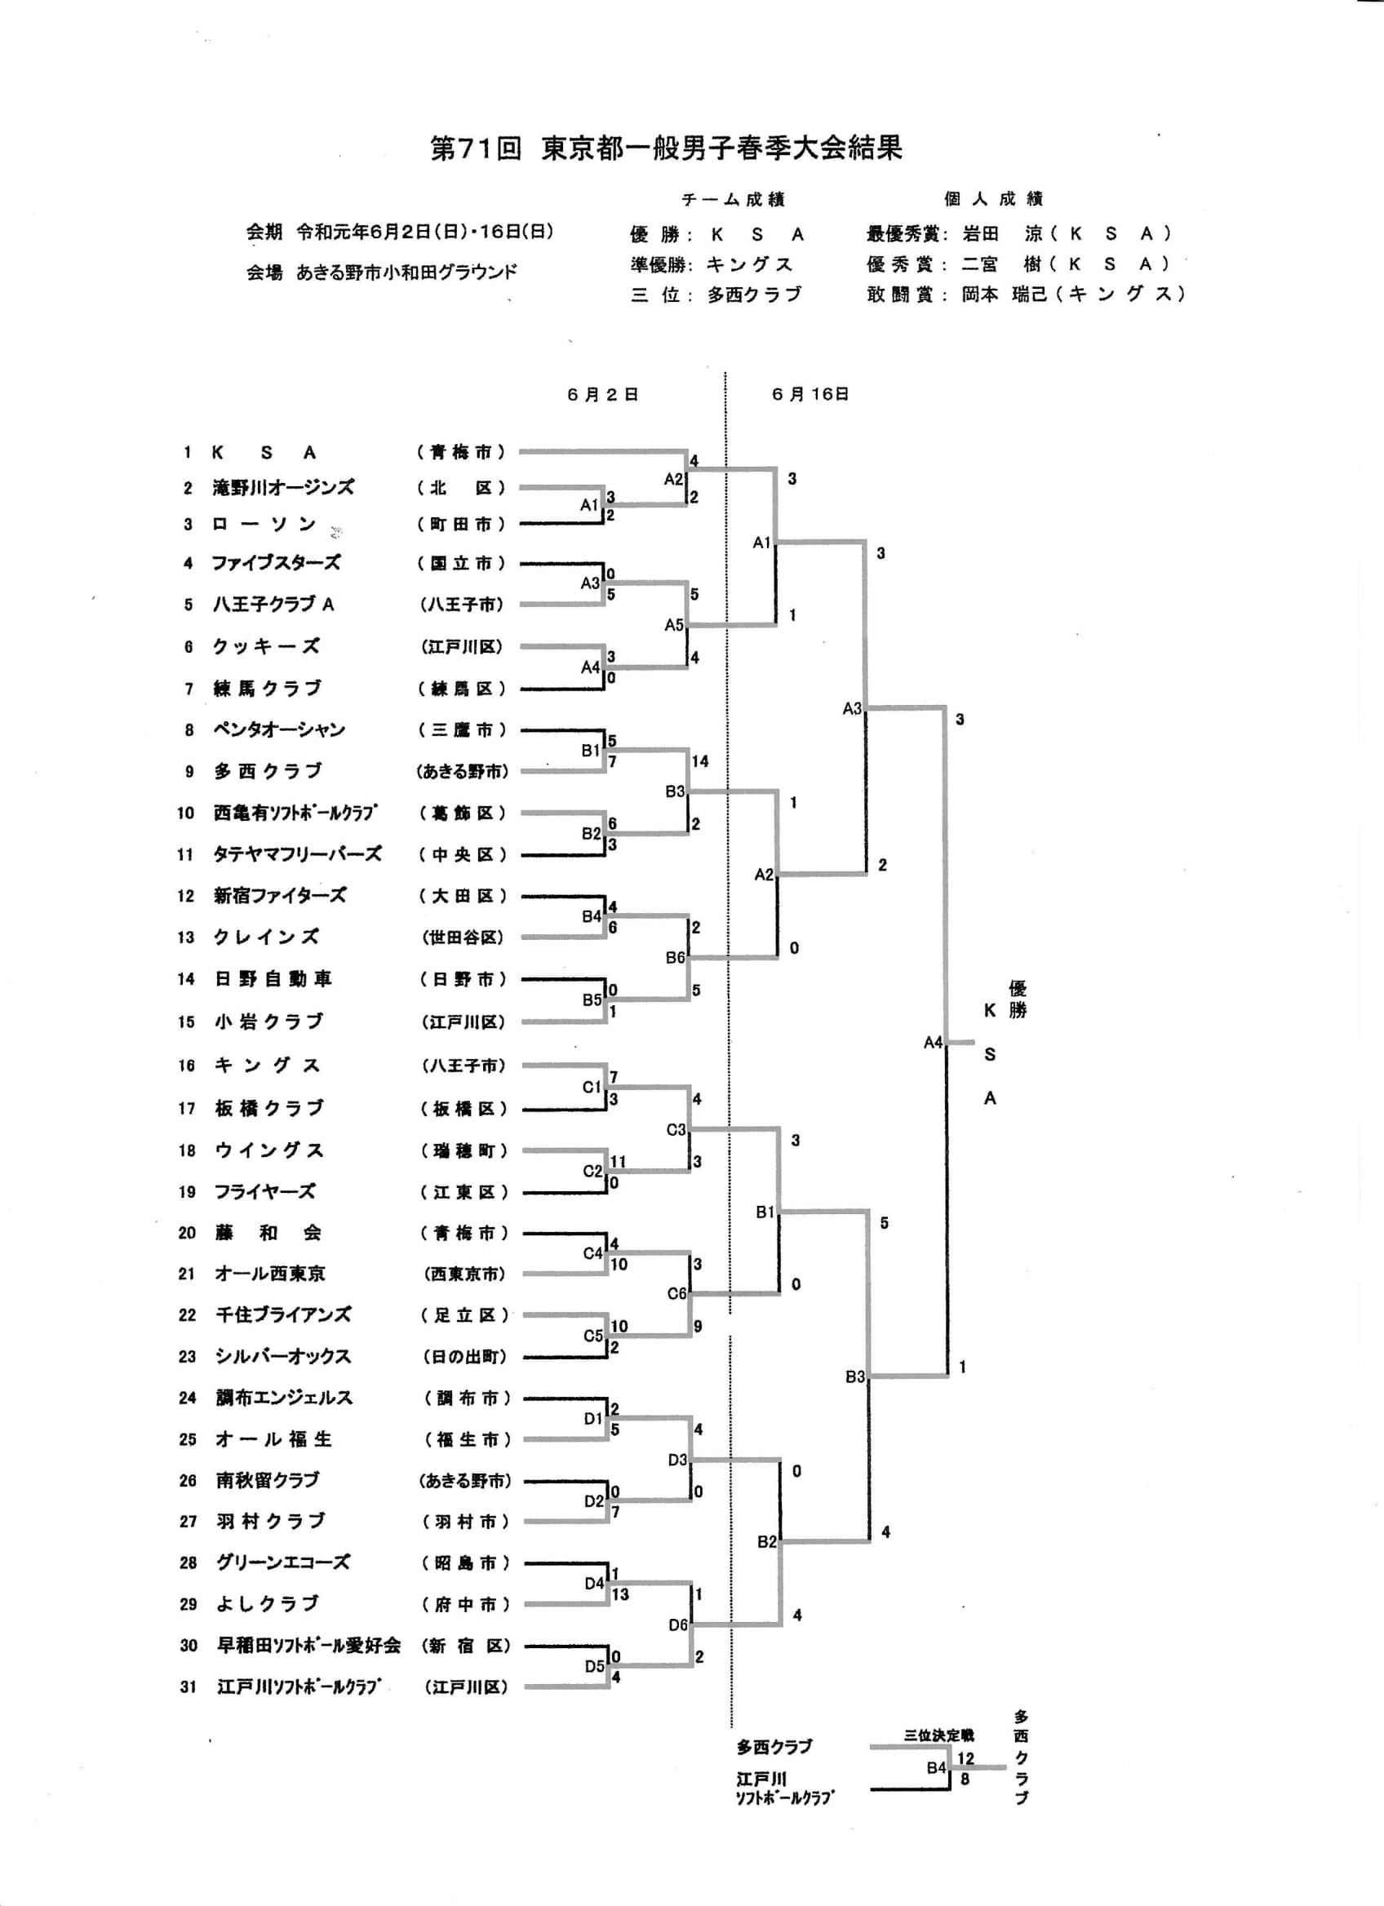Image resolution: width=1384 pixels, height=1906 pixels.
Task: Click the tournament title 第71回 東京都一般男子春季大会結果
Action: [667, 148]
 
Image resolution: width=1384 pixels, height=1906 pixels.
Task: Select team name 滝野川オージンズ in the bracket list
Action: [283, 487]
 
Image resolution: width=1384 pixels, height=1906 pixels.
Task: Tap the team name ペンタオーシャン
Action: [279, 729]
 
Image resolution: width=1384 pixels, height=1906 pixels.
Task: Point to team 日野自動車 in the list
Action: [273, 978]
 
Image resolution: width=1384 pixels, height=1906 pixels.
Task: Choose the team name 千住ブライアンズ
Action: [283, 1314]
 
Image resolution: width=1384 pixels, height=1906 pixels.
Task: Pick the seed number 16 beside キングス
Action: [187, 1066]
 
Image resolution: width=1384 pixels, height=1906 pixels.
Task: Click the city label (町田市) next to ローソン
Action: [462, 525]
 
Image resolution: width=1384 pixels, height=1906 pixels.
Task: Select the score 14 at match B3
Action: [700, 761]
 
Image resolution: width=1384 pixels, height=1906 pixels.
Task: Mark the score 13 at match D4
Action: [620, 1594]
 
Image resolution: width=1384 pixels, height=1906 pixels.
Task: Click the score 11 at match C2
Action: [619, 1161]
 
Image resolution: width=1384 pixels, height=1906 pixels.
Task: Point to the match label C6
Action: [677, 1293]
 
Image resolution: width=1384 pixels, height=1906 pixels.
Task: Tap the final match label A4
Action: [934, 1043]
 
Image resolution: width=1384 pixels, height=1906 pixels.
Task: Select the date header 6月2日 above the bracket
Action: [602, 394]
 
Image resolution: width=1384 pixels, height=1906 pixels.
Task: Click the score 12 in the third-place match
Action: [965, 1758]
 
